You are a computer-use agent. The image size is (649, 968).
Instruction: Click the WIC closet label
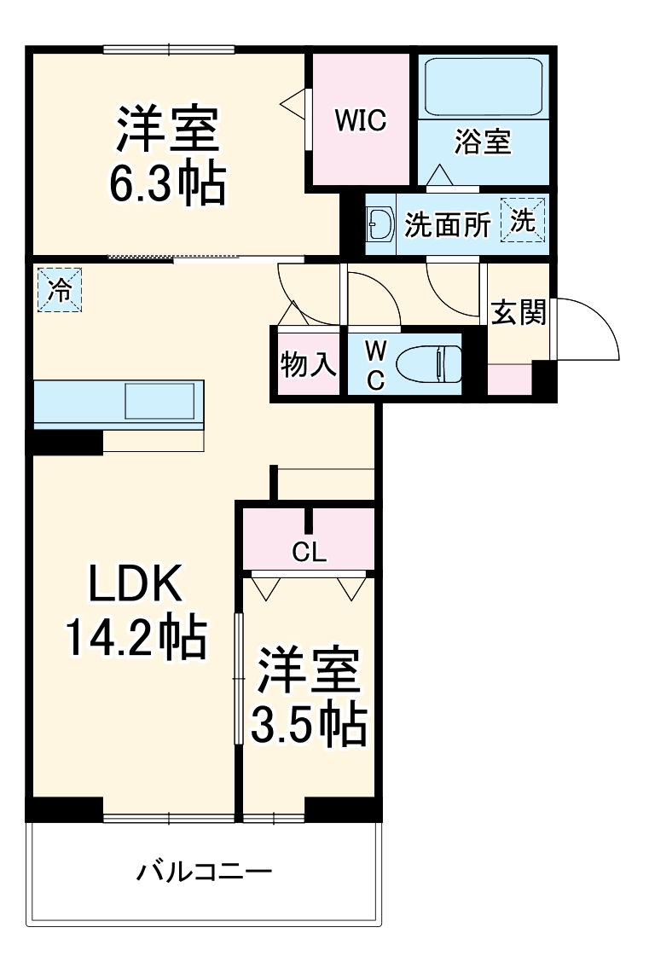tap(360, 121)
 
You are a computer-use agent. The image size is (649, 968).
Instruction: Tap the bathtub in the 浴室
tap(483, 88)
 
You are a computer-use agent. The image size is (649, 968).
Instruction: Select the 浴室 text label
tap(483, 142)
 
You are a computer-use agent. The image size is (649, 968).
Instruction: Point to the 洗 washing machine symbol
tap(522, 222)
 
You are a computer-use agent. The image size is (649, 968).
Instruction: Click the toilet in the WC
tap(428, 364)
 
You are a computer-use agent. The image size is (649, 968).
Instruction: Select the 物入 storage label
tap(308, 365)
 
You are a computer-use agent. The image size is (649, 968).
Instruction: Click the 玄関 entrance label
tap(518, 313)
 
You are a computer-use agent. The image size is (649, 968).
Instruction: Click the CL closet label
tap(309, 552)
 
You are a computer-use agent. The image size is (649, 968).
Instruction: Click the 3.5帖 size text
tap(308, 725)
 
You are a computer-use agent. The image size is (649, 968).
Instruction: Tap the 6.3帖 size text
tap(168, 181)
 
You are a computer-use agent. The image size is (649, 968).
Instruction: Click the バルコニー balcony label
tap(205, 872)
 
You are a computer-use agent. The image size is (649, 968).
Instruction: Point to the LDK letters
tap(136, 586)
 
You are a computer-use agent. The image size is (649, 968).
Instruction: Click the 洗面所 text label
tap(447, 224)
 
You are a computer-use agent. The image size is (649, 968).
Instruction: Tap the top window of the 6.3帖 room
tap(168, 49)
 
